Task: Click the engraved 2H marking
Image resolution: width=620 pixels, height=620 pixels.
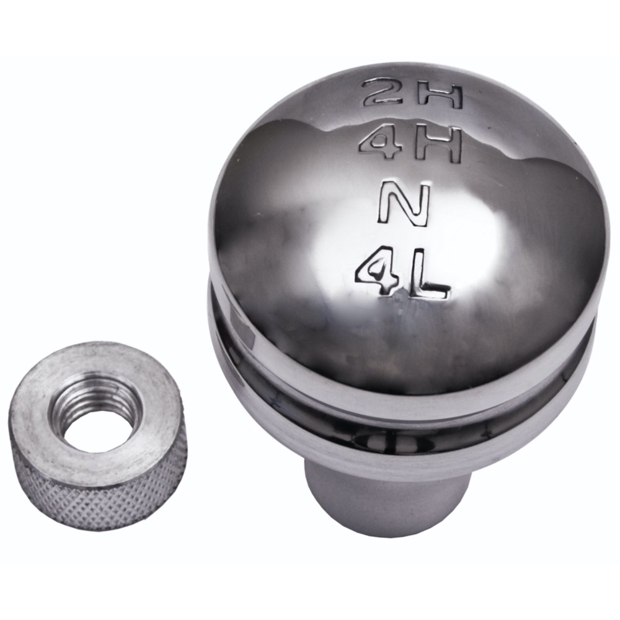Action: coord(413,94)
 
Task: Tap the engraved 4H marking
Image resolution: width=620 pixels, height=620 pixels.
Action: coord(410,144)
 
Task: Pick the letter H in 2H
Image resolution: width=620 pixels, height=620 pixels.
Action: coord(440,95)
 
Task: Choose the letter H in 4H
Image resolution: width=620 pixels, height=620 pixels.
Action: coord(439,146)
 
